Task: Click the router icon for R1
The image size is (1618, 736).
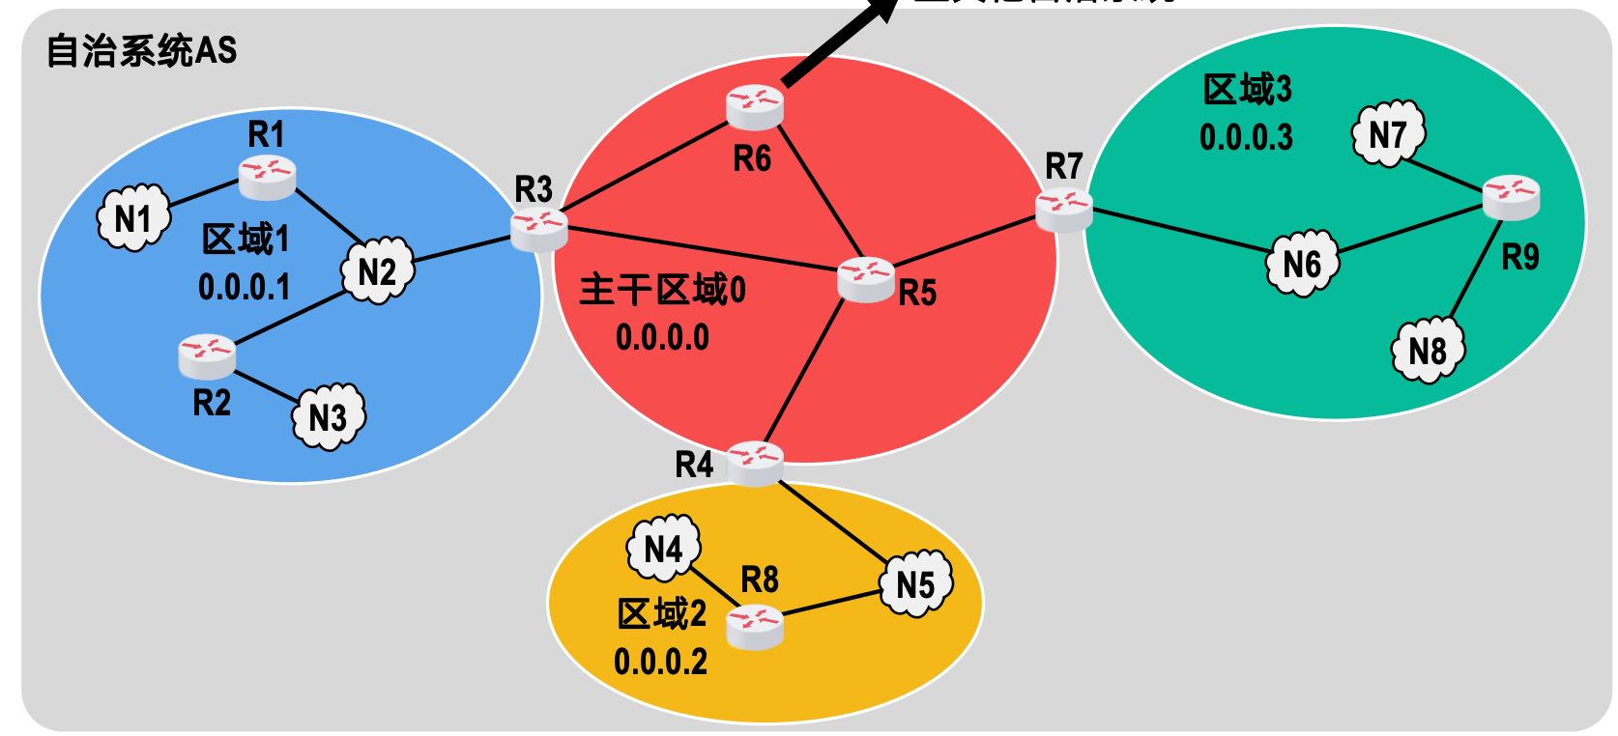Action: (x=267, y=177)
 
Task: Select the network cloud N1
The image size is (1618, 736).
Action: (x=133, y=218)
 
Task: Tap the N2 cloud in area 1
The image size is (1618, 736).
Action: (x=377, y=271)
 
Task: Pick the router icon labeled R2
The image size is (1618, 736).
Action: (x=207, y=355)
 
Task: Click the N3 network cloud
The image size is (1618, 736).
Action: (x=329, y=416)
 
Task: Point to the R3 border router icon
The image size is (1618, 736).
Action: (x=538, y=229)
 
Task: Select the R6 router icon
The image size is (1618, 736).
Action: (x=755, y=107)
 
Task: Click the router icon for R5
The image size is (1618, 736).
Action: (x=866, y=279)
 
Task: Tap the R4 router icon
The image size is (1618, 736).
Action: (x=755, y=463)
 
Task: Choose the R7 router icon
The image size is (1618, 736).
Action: (x=1064, y=210)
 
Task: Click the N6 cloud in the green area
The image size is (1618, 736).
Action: (x=1302, y=263)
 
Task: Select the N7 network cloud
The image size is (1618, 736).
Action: (x=1388, y=134)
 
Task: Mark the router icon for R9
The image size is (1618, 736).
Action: (x=1512, y=197)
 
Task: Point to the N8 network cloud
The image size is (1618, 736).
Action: (x=1428, y=350)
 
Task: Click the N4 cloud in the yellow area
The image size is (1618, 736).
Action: (x=664, y=549)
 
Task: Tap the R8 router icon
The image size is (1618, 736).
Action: (x=755, y=627)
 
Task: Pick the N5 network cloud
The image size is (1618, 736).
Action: (x=915, y=583)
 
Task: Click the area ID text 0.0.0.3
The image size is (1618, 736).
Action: (x=1246, y=137)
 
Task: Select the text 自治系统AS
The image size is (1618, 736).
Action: (x=141, y=50)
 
